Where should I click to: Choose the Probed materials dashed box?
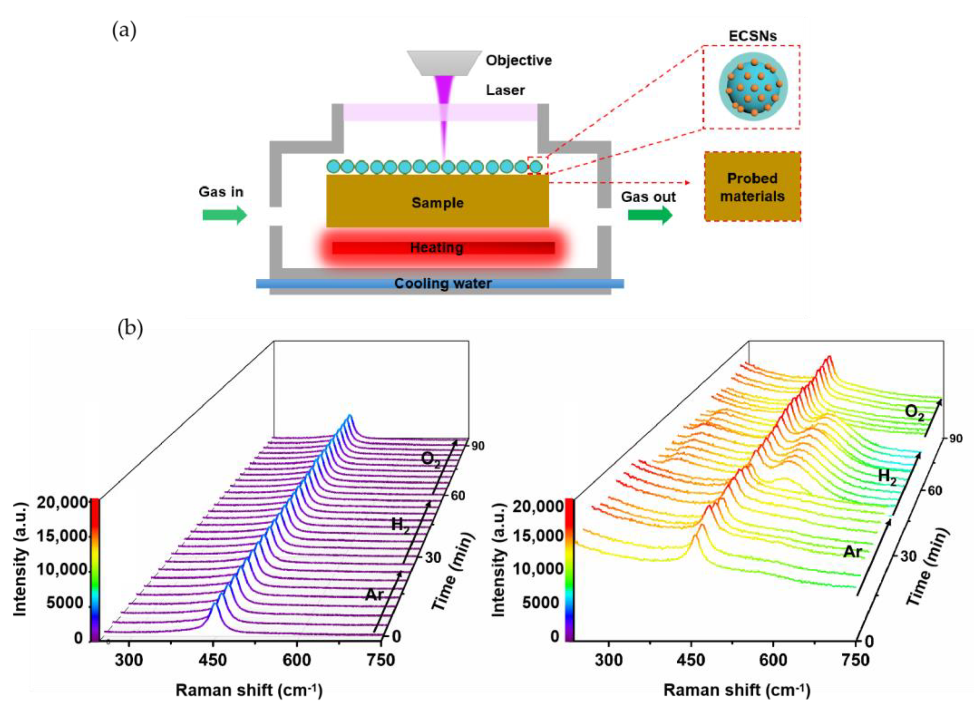coord(752,187)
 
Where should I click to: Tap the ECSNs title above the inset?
coord(752,36)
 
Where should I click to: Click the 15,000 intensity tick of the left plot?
coord(62,537)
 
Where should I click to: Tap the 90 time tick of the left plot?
coord(477,446)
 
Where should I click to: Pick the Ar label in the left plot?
coord(374,595)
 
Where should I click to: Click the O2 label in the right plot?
coord(914,412)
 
